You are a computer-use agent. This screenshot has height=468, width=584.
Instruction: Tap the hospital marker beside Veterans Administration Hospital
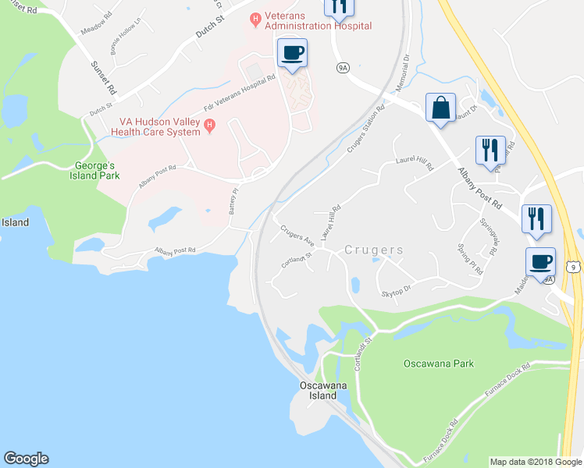coord(255,18)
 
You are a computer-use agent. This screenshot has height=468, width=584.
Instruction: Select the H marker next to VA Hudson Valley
coord(208,125)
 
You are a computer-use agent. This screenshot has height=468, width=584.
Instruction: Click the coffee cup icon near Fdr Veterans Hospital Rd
coord(292,53)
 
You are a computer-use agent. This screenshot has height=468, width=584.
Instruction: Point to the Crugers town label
coord(375,250)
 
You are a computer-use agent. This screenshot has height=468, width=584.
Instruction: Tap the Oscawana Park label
coord(440,364)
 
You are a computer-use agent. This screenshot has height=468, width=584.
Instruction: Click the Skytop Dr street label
coord(397,290)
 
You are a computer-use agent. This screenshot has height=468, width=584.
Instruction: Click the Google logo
coord(26,459)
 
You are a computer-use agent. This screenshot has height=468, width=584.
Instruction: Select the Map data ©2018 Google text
coord(536,462)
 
